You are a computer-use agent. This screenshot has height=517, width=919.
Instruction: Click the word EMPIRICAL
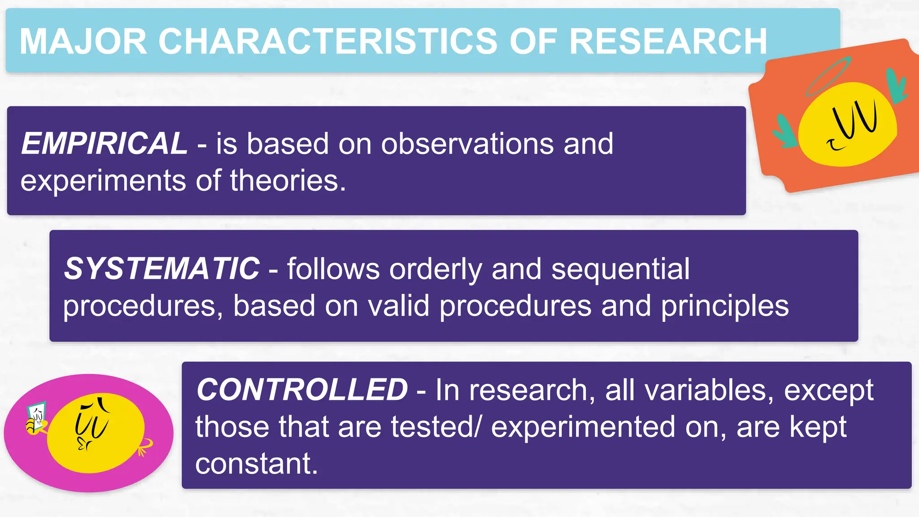coord(104,144)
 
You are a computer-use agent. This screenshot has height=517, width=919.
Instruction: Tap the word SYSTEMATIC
coord(162,268)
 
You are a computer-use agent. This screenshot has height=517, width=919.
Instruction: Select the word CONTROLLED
coord(302,390)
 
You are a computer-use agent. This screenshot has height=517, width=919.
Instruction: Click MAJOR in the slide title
coord(83,41)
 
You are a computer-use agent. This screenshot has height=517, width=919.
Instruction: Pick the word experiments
coord(103,181)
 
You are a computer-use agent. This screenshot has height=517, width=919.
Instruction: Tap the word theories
coord(288,181)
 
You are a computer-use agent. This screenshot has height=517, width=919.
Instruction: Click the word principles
coord(725,306)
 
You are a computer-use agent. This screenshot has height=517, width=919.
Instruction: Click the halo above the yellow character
coord(828,76)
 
